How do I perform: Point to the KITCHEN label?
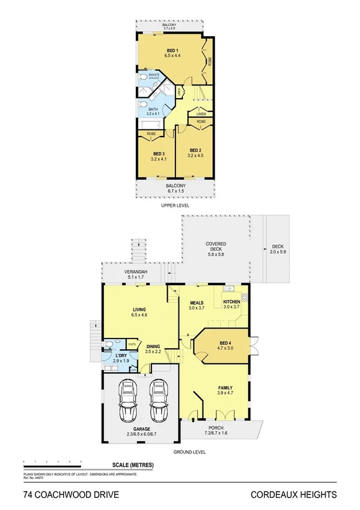[x=232, y=302]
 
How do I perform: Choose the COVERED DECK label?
[x=215, y=244]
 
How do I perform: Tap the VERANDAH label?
[x=135, y=272]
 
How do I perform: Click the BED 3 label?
[x=159, y=154]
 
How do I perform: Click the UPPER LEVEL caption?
[x=175, y=205]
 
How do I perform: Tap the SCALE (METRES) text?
[x=133, y=465]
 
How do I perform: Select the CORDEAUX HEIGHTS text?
[x=293, y=495]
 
